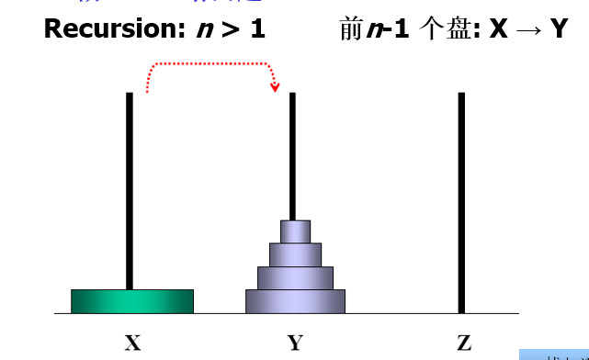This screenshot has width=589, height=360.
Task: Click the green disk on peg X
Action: coord(132,301)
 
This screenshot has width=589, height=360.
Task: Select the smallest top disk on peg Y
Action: coord(295,231)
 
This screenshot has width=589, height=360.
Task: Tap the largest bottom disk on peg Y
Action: coord(295,301)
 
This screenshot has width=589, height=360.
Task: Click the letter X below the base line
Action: coord(132,343)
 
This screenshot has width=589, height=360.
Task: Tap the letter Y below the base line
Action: coord(295,343)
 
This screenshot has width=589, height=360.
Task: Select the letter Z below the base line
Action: coord(463,343)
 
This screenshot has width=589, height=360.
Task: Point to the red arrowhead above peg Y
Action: coord(275,87)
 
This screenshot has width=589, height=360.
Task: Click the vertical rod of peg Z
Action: coord(461,202)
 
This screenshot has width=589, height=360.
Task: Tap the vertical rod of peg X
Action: coord(130,184)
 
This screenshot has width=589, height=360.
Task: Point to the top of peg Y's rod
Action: coord(293,96)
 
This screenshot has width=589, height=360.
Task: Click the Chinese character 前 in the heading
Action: coord(349,29)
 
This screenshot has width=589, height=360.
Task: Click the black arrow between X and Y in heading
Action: coord(531,29)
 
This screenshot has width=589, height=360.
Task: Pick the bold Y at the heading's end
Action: coord(559,29)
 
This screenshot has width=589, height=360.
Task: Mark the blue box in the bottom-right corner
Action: coord(554,354)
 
